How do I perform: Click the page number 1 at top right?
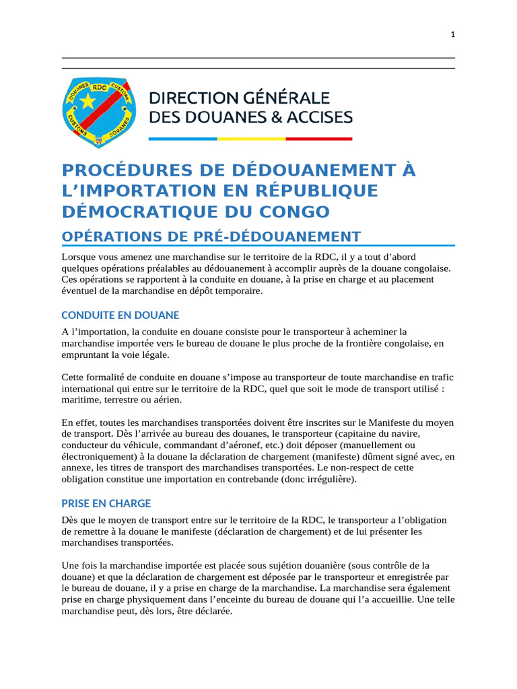point(453,35)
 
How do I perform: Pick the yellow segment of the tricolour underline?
point(250,139)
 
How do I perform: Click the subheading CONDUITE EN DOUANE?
point(120,315)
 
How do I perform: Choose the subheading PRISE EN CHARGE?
point(106,503)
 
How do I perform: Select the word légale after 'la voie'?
point(153,354)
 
